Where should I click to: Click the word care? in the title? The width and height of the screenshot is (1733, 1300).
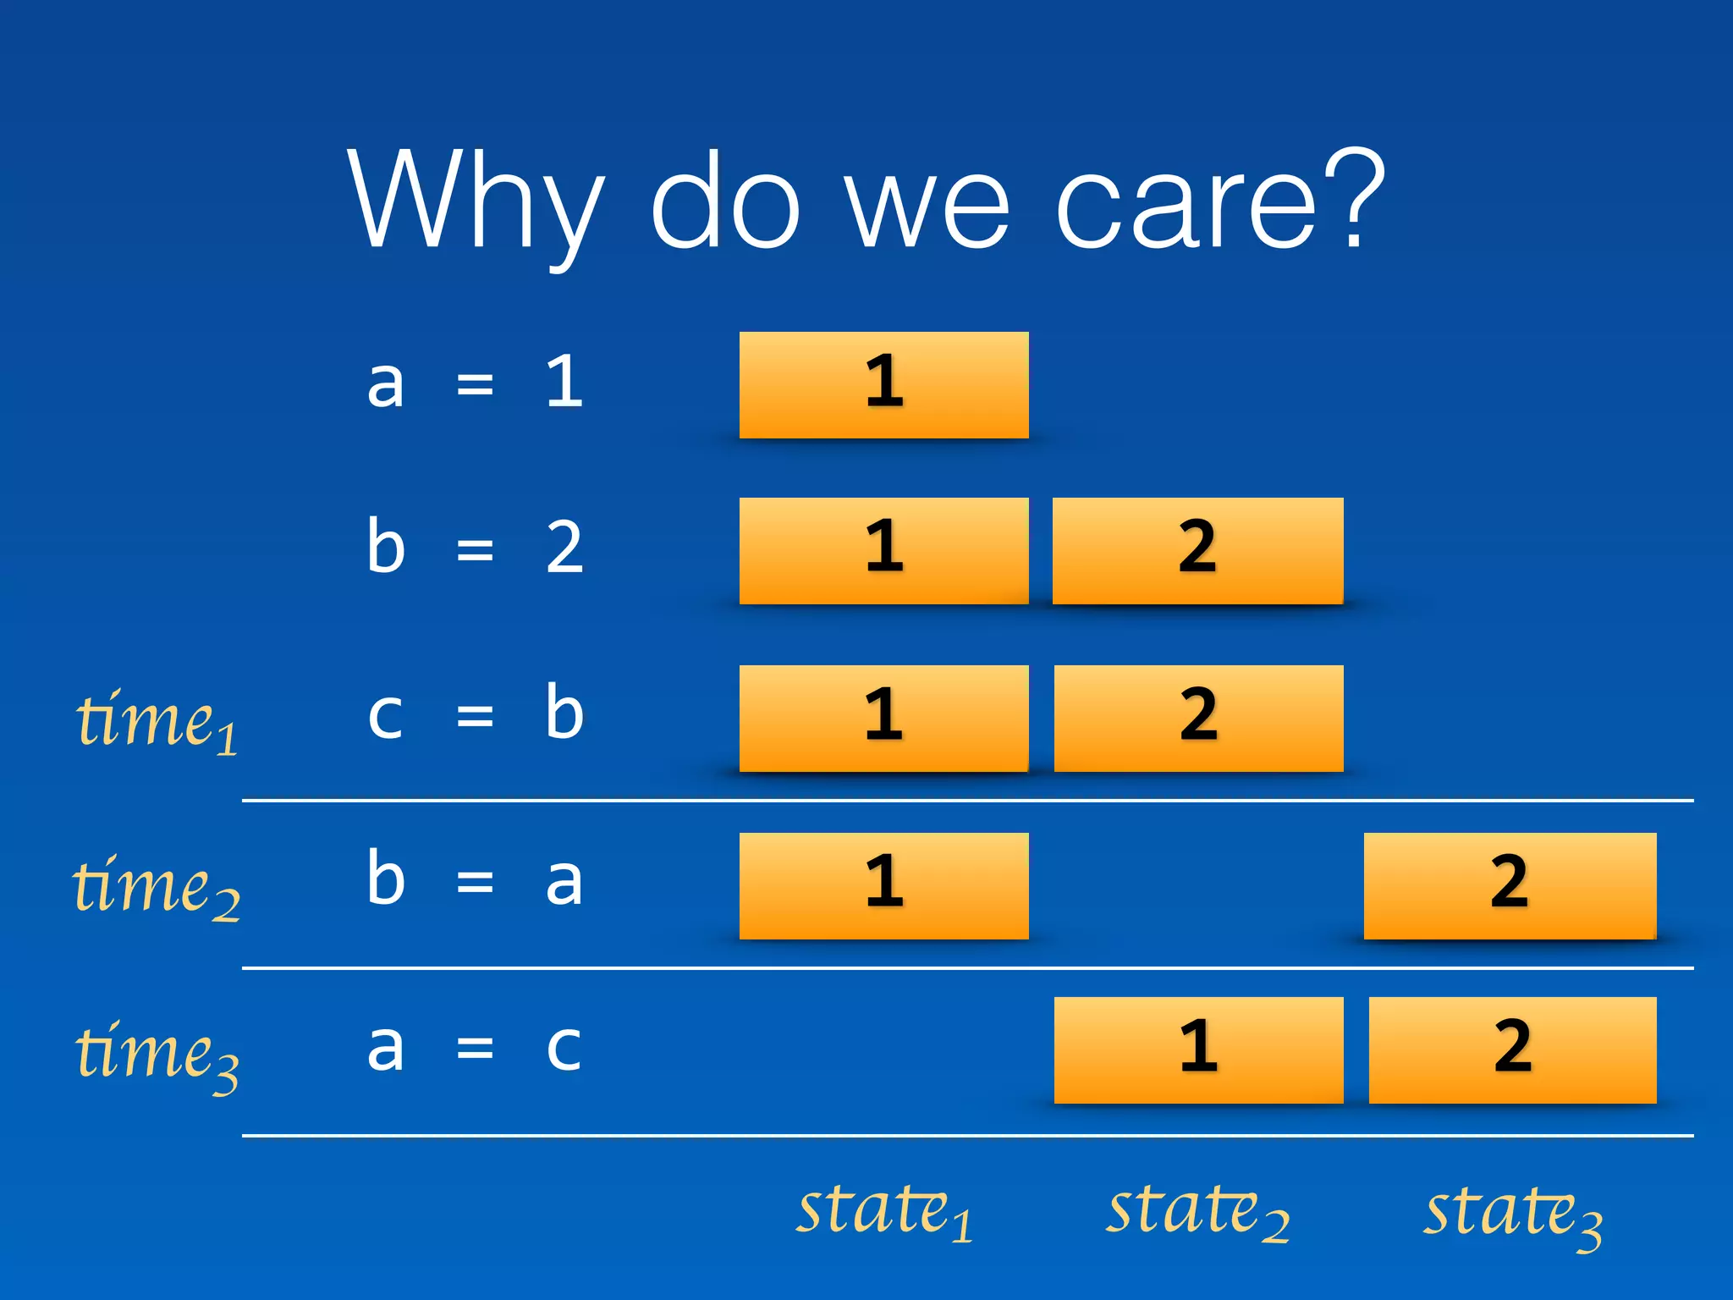pos(1219,203)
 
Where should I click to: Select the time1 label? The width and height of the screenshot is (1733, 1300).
pos(157,721)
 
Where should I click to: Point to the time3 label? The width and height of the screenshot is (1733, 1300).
pos(157,1053)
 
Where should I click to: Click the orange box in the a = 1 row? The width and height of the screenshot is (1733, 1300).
pos(883,385)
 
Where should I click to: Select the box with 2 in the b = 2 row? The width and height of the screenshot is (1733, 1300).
pos(1197,551)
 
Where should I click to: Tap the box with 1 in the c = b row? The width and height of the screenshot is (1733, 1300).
pos(883,718)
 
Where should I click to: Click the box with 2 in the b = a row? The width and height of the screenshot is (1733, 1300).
pos(1510,885)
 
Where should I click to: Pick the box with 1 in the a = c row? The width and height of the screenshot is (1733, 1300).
pos(1198,1049)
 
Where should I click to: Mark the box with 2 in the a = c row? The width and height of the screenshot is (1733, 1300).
pos(1512,1049)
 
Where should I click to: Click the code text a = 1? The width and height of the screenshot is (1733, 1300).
pos(475,383)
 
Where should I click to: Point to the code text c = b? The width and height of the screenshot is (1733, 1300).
pos(475,715)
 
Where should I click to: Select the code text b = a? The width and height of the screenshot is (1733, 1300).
pos(475,880)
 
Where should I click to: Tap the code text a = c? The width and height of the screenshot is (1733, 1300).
pos(475,1048)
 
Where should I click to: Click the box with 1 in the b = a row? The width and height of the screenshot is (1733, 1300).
pos(883,885)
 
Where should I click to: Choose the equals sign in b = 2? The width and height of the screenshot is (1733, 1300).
pos(475,551)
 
